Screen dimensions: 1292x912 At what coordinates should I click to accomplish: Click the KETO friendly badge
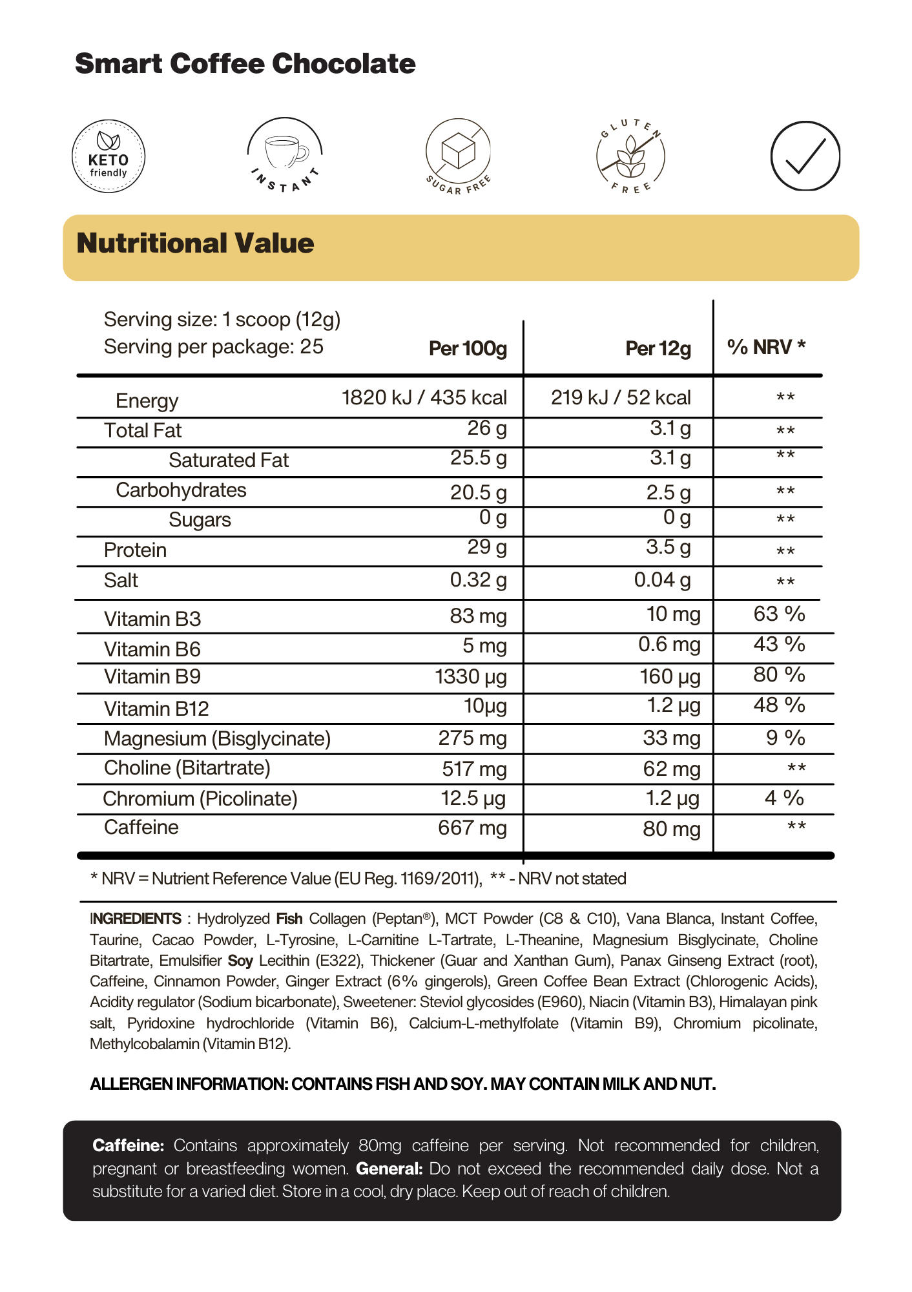pyautogui.click(x=109, y=156)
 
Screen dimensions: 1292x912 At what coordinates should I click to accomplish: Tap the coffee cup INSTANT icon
pyautogui.click(x=285, y=155)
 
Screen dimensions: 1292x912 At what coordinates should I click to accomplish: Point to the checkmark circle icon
pyautogui.click(x=805, y=156)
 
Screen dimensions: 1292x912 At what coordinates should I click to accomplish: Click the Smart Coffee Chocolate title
pyautogui.click(x=245, y=64)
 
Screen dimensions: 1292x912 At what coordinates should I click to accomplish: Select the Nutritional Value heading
pyautogui.click(x=195, y=244)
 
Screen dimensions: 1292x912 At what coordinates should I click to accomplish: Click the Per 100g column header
pyautogui.click(x=468, y=349)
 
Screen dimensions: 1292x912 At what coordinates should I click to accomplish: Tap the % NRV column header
pyautogui.click(x=766, y=348)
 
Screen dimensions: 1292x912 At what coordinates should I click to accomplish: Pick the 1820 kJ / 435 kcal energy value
pyautogui.click(x=424, y=398)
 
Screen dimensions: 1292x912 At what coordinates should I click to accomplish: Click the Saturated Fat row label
pyautogui.click(x=229, y=461)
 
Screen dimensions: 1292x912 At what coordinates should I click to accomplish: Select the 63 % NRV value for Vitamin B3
pyautogui.click(x=779, y=614)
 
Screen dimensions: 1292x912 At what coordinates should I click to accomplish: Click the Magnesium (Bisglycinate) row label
pyautogui.click(x=217, y=739)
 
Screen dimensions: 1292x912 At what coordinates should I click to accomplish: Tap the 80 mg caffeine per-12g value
pyautogui.click(x=671, y=829)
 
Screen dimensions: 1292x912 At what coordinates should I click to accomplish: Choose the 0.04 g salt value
pyautogui.click(x=662, y=580)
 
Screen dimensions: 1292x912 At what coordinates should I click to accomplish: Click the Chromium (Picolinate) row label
pyautogui.click(x=200, y=799)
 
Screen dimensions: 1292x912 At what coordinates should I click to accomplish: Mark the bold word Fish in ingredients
pyautogui.click(x=289, y=919)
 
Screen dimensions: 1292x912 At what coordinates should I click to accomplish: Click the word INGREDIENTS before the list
pyautogui.click(x=136, y=919)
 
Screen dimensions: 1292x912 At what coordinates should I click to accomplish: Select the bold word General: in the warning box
pyautogui.click(x=389, y=1169)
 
